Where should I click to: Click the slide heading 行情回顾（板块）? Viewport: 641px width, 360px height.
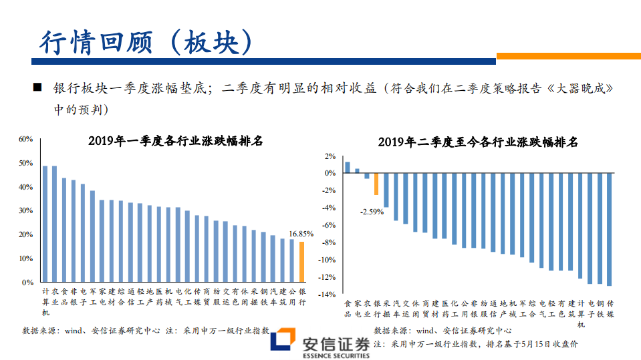146,42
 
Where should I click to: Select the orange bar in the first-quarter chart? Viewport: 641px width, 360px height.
301,262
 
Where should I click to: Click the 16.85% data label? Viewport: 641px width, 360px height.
301,234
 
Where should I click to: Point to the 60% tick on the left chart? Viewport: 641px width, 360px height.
26,139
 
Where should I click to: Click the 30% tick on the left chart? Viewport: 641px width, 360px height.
26,210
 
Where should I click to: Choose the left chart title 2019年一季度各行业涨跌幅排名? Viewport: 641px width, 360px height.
175,141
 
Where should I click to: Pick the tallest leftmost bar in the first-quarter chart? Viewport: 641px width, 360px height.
45,224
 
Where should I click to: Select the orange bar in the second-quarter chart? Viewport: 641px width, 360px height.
376,184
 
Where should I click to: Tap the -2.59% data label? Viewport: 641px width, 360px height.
372,212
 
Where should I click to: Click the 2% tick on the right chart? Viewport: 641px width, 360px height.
330,156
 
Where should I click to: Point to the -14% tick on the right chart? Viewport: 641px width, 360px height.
328,295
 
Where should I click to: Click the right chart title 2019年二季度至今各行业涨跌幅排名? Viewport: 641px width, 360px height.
477,142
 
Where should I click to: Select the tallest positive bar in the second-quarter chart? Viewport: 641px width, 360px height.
347,167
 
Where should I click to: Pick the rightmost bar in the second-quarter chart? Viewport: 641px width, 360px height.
609,229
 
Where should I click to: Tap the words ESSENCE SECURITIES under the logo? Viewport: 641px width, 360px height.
336,355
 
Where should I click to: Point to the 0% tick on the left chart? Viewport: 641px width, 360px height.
28,283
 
